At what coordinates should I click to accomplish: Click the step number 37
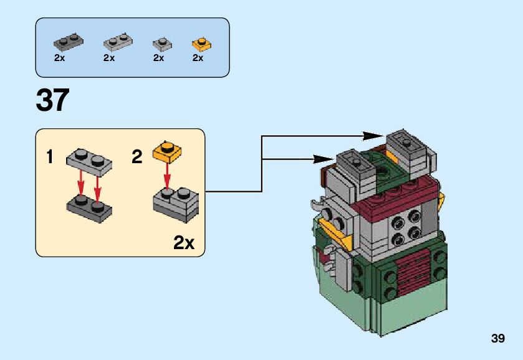point(53,100)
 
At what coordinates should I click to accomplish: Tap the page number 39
point(497,338)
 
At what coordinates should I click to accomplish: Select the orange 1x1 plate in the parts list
point(202,45)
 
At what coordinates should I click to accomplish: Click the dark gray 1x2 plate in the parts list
point(69,42)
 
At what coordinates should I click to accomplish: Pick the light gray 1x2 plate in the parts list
point(118,42)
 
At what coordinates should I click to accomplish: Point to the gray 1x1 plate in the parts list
point(163,44)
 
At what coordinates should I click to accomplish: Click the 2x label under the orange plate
point(198,58)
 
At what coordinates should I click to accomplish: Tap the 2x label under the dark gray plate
point(59,58)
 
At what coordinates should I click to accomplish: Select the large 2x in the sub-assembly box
point(184,243)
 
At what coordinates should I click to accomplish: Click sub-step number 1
point(50,157)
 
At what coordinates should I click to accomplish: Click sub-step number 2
point(137,157)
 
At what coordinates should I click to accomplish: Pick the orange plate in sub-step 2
point(167,152)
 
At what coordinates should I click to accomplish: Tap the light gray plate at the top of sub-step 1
point(89,162)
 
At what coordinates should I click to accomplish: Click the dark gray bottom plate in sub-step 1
point(89,209)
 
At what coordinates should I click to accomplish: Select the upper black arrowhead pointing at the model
point(373,136)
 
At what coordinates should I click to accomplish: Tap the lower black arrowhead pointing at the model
point(323,159)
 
